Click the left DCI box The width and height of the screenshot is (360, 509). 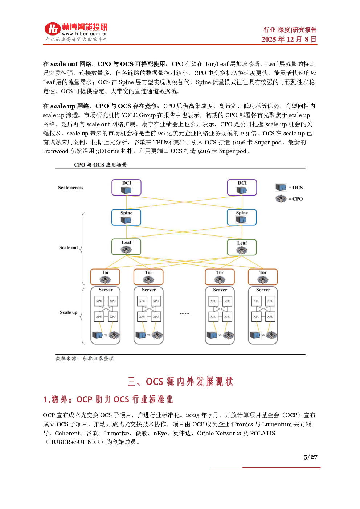(126, 188)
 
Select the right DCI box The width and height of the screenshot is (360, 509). (242, 188)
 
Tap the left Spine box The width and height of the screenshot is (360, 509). (126, 217)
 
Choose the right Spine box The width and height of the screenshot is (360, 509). (242, 217)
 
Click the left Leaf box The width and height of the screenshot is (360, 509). (126, 247)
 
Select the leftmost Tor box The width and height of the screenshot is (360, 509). (105, 277)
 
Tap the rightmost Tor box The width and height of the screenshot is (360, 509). (263, 277)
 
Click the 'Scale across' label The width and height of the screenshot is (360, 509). (71, 188)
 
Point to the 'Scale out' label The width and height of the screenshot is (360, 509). (69, 247)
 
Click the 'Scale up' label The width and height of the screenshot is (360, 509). (69, 312)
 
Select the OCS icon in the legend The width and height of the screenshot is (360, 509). (281, 187)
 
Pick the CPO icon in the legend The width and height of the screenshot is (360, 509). (281, 198)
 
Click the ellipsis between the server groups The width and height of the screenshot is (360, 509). (184, 313)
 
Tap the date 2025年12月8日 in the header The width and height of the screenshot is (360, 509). (289, 39)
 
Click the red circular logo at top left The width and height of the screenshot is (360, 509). (52, 29)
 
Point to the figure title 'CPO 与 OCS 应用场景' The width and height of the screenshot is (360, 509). (100, 165)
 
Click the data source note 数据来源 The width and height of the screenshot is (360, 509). (85, 358)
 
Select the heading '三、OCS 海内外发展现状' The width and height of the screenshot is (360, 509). (180, 382)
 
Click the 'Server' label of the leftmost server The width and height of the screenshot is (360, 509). (106, 290)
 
